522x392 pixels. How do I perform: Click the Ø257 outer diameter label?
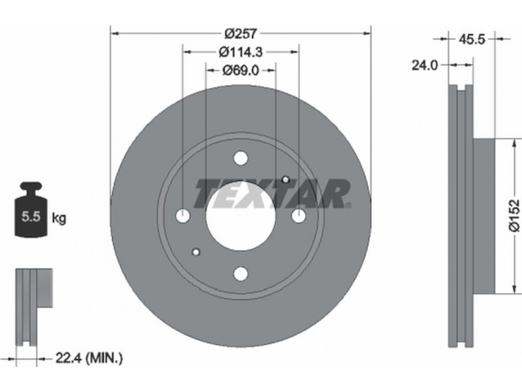pyautogui.click(x=240, y=33)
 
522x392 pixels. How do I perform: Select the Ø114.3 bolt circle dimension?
pyautogui.click(x=241, y=52)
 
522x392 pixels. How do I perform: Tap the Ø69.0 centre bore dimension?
pyautogui.click(x=241, y=71)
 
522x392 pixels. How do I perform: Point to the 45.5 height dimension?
pyautogui.click(x=472, y=39)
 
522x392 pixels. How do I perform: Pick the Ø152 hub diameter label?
pyautogui.click(x=514, y=216)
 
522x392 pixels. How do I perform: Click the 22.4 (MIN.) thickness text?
pyautogui.click(x=89, y=358)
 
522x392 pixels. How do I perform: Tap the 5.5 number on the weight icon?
pyautogui.click(x=31, y=217)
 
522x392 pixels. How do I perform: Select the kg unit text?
pyautogui.click(x=59, y=218)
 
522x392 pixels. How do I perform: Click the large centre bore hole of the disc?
pyautogui.click(x=240, y=216)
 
